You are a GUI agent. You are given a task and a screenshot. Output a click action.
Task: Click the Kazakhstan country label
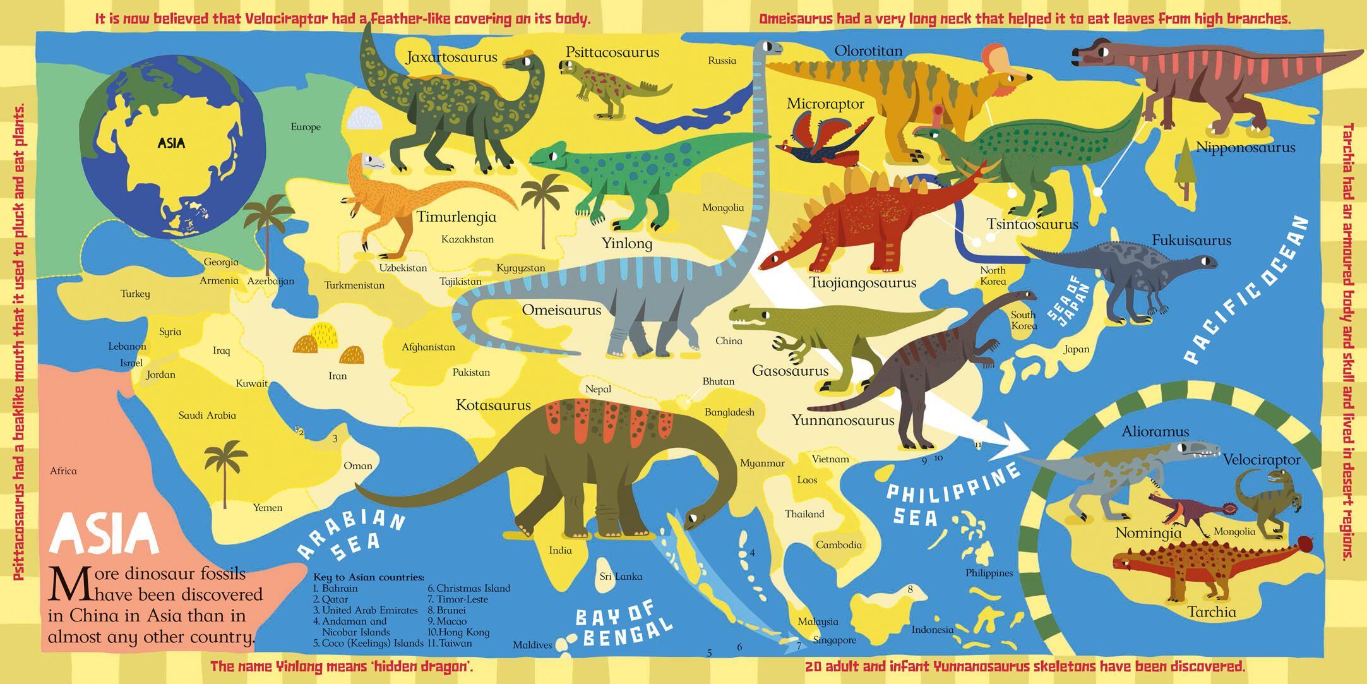click(x=467, y=239)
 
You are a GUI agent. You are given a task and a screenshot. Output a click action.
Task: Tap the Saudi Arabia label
click(x=207, y=415)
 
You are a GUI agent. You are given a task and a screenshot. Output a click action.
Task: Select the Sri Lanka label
click(x=621, y=576)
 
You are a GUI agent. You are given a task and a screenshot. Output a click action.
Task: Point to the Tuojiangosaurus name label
click(x=863, y=282)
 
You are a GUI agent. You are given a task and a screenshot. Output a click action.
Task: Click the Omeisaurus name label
click(x=561, y=310)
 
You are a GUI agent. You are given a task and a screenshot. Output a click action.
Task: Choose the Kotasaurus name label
click(x=493, y=405)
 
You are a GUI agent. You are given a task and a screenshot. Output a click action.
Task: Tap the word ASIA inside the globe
click(x=172, y=143)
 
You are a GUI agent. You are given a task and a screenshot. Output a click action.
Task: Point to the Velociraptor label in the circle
click(x=1261, y=460)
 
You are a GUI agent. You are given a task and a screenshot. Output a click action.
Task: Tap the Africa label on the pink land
click(x=63, y=471)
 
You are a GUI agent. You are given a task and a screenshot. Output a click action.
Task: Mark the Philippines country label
click(x=989, y=573)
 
